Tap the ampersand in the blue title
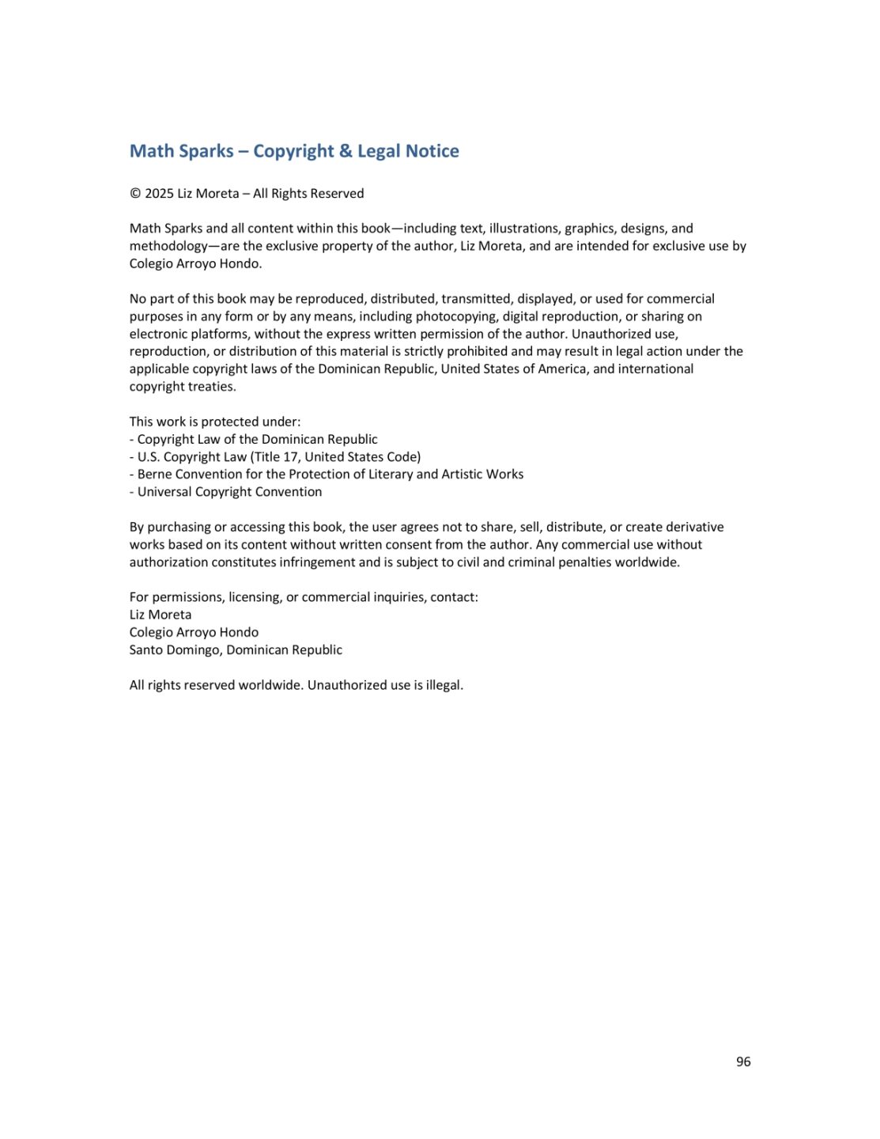pyautogui.click(x=346, y=151)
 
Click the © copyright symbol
pyautogui.click(x=135, y=194)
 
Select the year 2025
pyautogui.click(x=159, y=194)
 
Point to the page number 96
pyautogui.click(x=743, y=1061)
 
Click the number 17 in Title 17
pyautogui.click(x=290, y=457)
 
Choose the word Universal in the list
pyautogui.click(x=164, y=492)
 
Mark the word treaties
pyautogui.click(x=212, y=387)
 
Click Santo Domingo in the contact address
pyautogui.click(x=175, y=650)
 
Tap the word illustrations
pyautogui.click(x=523, y=229)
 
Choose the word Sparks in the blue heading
pyautogui.click(x=204, y=151)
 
